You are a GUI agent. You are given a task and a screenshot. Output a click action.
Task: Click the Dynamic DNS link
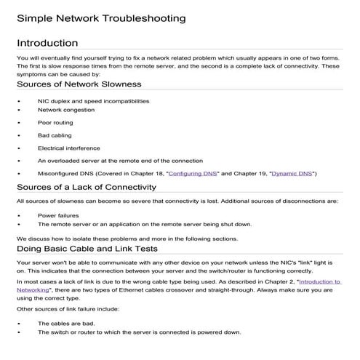click(293, 173)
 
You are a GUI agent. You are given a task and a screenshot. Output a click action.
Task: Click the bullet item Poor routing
click(56, 122)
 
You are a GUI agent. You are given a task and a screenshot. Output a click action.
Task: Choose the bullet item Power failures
click(58, 216)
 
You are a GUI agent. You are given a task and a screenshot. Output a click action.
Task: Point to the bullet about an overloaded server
click(120, 160)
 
